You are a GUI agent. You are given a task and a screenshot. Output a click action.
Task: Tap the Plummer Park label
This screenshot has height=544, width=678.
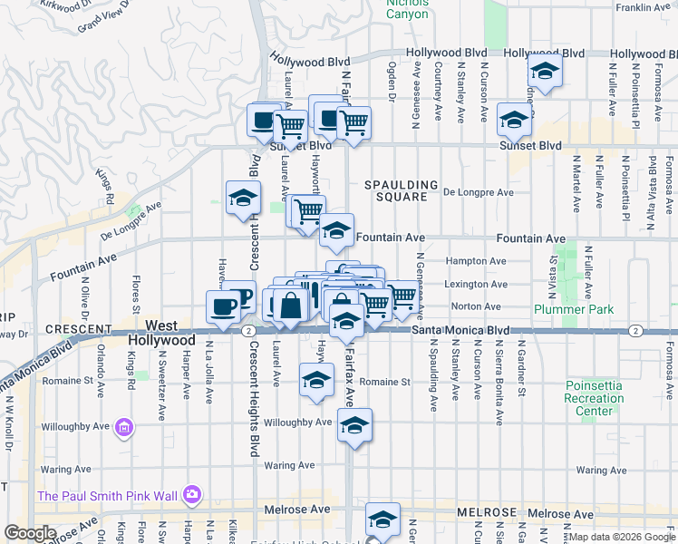tap(574, 309)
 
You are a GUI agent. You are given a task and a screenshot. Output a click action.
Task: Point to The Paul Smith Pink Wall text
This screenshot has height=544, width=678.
tap(106, 495)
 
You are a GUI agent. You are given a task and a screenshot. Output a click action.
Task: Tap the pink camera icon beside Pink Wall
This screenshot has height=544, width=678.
tap(191, 494)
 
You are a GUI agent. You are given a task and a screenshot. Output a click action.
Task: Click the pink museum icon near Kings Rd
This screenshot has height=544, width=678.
tap(124, 426)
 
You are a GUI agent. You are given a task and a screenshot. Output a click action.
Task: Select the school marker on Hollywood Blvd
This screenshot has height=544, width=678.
tap(545, 72)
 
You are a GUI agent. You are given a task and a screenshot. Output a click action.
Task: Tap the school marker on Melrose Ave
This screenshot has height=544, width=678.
tap(383, 520)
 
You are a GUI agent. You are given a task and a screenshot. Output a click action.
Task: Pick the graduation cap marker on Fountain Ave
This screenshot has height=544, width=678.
tap(336, 232)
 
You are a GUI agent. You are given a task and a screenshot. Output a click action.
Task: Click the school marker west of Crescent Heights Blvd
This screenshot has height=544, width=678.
tap(243, 199)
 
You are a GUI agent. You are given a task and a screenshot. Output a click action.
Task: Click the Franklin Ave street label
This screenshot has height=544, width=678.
tap(642, 8)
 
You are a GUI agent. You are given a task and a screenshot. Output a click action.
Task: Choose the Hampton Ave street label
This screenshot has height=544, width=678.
tap(474, 261)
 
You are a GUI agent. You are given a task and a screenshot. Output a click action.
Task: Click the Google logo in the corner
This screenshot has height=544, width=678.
tap(30, 533)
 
